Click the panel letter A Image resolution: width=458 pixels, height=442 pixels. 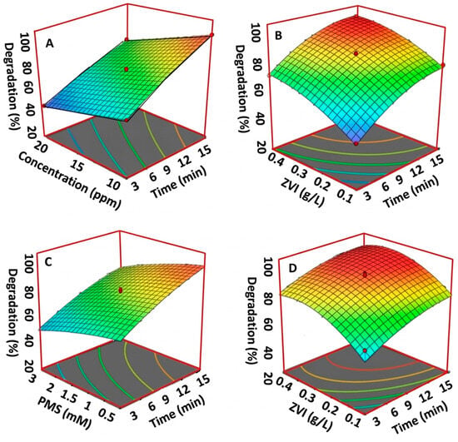tap(50, 43)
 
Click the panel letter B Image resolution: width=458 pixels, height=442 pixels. tap(279, 36)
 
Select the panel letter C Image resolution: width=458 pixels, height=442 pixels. tap(48, 262)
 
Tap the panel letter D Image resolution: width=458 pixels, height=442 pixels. tap(292, 269)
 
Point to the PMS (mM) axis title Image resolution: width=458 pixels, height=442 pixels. tap(64, 414)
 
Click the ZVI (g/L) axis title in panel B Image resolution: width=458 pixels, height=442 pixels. tap(302, 192)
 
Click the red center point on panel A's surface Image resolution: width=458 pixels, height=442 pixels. tap(127, 69)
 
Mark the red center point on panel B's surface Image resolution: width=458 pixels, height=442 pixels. tap(356, 53)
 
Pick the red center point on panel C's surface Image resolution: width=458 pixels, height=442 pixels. tap(121, 291)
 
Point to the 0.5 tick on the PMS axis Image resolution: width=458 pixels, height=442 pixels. tap(106, 415)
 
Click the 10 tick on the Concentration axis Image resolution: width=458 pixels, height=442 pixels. tap(113, 184)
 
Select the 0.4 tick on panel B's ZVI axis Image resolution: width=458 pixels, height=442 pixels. tap(275, 158)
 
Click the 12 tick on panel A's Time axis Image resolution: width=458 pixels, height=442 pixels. tap(185, 161)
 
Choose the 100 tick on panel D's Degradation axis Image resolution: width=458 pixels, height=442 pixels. tap(268, 267)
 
